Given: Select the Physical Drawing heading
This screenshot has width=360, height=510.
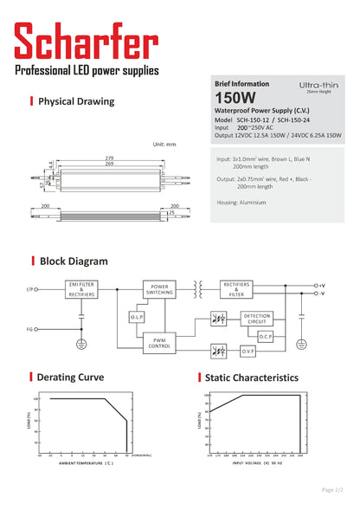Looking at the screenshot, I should click(x=76, y=101).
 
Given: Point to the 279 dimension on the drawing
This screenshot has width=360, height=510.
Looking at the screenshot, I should click(x=108, y=157).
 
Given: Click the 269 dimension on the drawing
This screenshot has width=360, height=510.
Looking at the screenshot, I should click(x=108, y=163).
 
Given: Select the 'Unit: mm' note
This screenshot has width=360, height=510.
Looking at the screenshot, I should click(x=164, y=144).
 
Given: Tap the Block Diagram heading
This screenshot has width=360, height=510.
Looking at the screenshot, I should click(x=74, y=261).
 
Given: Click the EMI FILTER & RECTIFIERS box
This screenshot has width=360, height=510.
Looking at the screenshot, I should click(x=81, y=288).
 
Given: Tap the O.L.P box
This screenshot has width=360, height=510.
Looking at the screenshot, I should click(x=138, y=318).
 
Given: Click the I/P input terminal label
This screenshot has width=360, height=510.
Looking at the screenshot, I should click(x=31, y=288).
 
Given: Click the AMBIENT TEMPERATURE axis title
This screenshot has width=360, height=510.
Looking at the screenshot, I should click(x=86, y=464).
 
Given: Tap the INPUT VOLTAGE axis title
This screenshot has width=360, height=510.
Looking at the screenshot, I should click(x=259, y=463).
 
